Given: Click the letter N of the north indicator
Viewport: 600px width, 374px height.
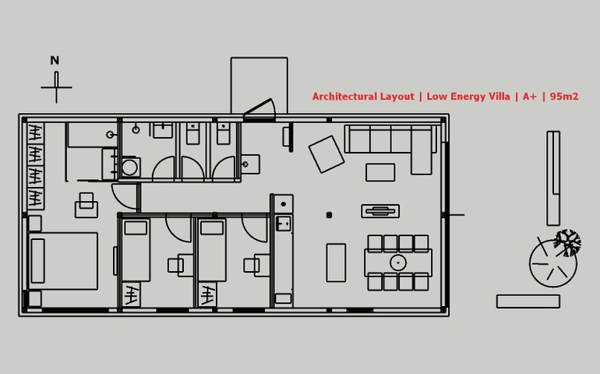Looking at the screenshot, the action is click(x=55, y=61).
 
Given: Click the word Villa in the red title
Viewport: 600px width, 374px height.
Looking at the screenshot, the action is click(x=496, y=97).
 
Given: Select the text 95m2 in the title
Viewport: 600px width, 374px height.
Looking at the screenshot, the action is click(x=564, y=97).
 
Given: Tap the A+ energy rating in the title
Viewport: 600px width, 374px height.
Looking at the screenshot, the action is click(x=530, y=97).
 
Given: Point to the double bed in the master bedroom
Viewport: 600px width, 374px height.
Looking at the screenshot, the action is click(x=63, y=261).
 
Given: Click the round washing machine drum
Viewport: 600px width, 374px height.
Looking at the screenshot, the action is click(x=129, y=168).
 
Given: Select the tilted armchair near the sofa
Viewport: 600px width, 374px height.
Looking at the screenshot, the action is click(x=326, y=154).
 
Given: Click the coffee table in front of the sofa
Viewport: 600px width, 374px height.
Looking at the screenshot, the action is click(x=380, y=172).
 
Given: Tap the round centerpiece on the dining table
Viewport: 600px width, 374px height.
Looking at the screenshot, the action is click(x=398, y=263).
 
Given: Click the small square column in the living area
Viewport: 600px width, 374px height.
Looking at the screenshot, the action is click(x=329, y=215).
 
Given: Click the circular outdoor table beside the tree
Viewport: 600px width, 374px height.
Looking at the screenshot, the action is click(x=553, y=263).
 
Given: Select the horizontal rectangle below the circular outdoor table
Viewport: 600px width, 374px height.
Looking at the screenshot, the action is click(x=528, y=302).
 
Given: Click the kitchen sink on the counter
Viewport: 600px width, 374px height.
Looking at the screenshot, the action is click(x=284, y=224).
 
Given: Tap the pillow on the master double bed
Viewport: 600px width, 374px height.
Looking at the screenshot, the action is click(x=38, y=261).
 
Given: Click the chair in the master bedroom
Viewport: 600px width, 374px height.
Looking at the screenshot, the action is click(x=86, y=206).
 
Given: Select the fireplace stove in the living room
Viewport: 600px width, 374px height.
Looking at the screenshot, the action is click(x=380, y=211).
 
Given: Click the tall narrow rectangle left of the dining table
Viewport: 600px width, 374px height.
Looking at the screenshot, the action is click(x=336, y=263).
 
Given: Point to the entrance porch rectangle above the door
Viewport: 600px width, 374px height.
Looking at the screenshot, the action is click(x=259, y=85).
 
